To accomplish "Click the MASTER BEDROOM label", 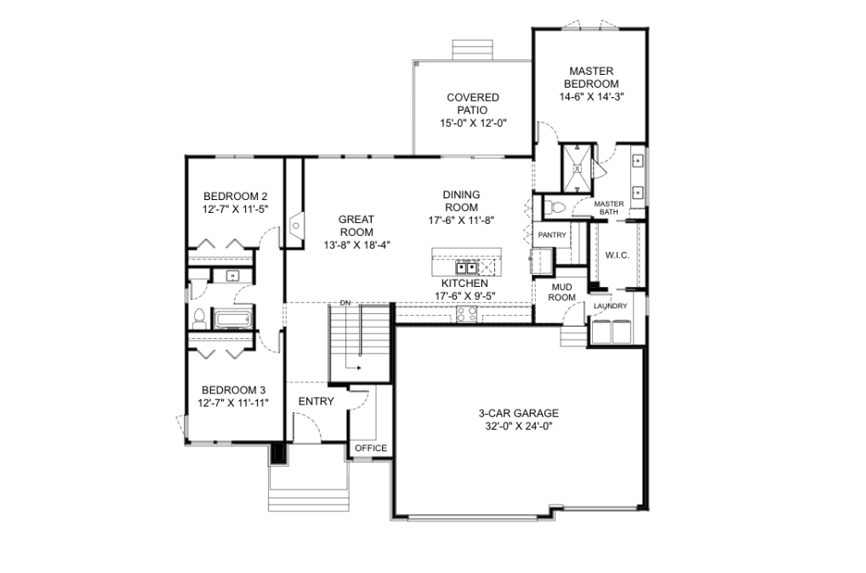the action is point(591,77).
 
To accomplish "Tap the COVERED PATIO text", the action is point(473,104).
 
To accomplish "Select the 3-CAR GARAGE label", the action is point(518,413).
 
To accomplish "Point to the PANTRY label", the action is point(552,235).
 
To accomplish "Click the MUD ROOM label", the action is point(562,292).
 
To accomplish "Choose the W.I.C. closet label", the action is point(617,255).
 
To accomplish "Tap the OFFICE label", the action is point(371,448).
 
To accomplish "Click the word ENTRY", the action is point(316,402).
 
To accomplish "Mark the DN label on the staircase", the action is point(345,303).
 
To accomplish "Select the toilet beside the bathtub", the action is point(199,318).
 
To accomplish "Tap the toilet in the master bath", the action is point(554,208).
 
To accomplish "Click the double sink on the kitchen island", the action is point(466,268).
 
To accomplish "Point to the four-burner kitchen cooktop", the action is point(466,314).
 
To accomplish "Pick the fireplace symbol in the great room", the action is point(295,225).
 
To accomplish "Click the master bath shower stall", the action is point(577,168).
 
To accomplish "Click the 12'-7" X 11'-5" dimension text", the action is point(236,209).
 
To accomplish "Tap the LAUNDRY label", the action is point(610,307).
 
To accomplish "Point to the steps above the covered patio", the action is point(471,49).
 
